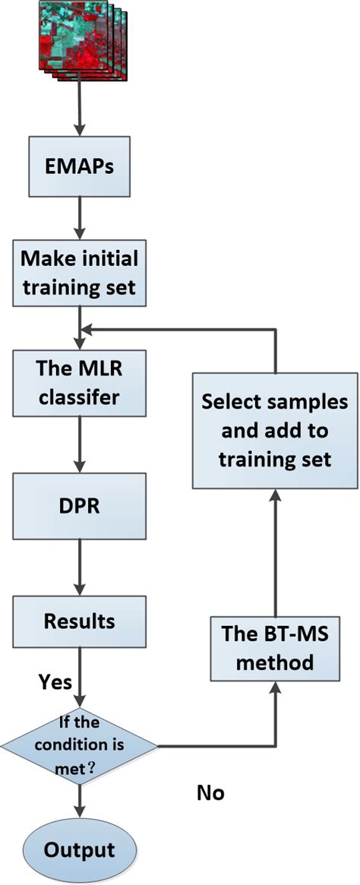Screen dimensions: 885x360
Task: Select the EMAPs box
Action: [x=79, y=165]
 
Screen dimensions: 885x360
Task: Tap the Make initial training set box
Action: [x=79, y=273]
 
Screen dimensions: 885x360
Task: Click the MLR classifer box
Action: [x=79, y=382]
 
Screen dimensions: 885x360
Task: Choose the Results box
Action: [x=79, y=621]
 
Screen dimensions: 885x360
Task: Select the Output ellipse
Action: [x=79, y=849]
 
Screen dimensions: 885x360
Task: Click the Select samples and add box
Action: [x=274, y=430]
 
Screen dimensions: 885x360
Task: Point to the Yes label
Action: [x=55, y=681]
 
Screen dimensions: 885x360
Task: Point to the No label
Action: [x=209, y=793]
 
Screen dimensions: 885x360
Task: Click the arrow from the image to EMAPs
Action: [x=79, y=106]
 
